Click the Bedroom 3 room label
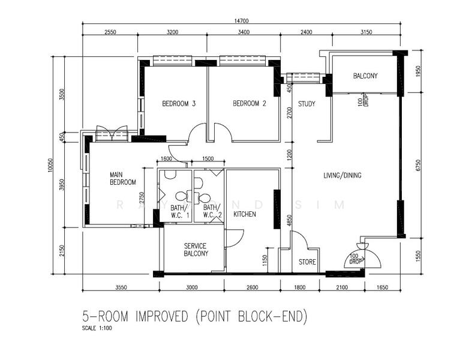179,104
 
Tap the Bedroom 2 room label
249,104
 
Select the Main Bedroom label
123,178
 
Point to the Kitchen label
245,214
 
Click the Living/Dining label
342,175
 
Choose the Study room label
306,104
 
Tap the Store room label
307,262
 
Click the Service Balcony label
196,250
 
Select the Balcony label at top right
365,76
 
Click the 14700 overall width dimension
241,20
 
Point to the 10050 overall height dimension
50,166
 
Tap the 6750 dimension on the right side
419,166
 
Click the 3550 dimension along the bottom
121,287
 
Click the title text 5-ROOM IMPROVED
135,317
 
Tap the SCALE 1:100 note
97,328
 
